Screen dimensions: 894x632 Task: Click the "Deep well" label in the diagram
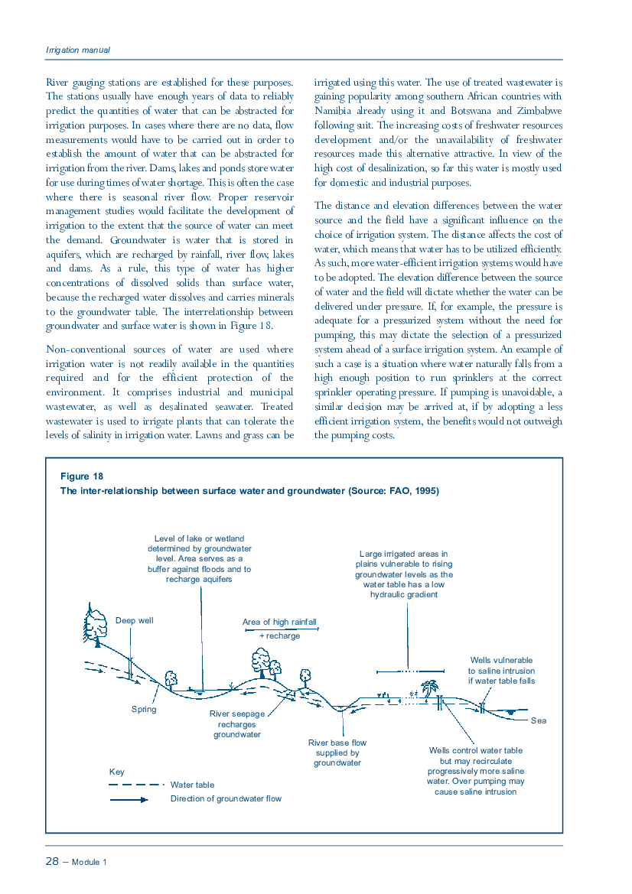(134, 620)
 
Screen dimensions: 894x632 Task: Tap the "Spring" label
(144, 709)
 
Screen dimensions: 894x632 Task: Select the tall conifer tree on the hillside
(96, 623)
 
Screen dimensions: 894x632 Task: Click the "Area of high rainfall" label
(279, 622)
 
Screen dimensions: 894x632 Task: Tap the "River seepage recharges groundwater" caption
(237, 723)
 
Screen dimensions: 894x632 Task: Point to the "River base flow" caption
(337, 743)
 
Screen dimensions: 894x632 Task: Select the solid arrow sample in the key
(129, 799)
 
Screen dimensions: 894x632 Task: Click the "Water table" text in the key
(192, 785)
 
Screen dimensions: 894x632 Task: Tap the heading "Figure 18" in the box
(77, 476)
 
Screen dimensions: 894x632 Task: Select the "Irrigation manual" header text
(78, 50)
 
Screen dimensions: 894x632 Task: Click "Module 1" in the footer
(90, 862)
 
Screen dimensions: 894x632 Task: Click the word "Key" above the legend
(116, 772)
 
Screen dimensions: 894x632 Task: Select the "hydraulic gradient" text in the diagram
(404, 594)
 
